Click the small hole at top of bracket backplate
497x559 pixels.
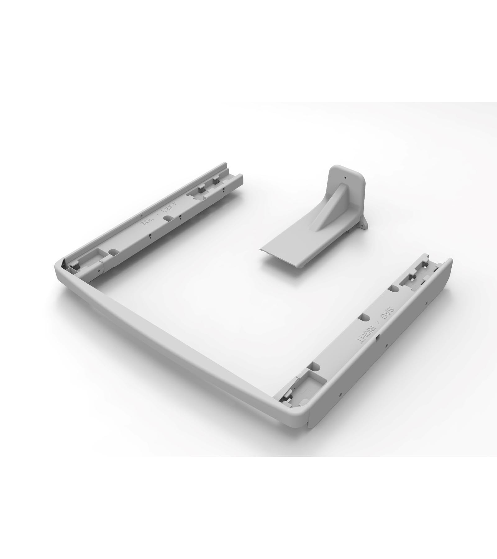tap(345, 178)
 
